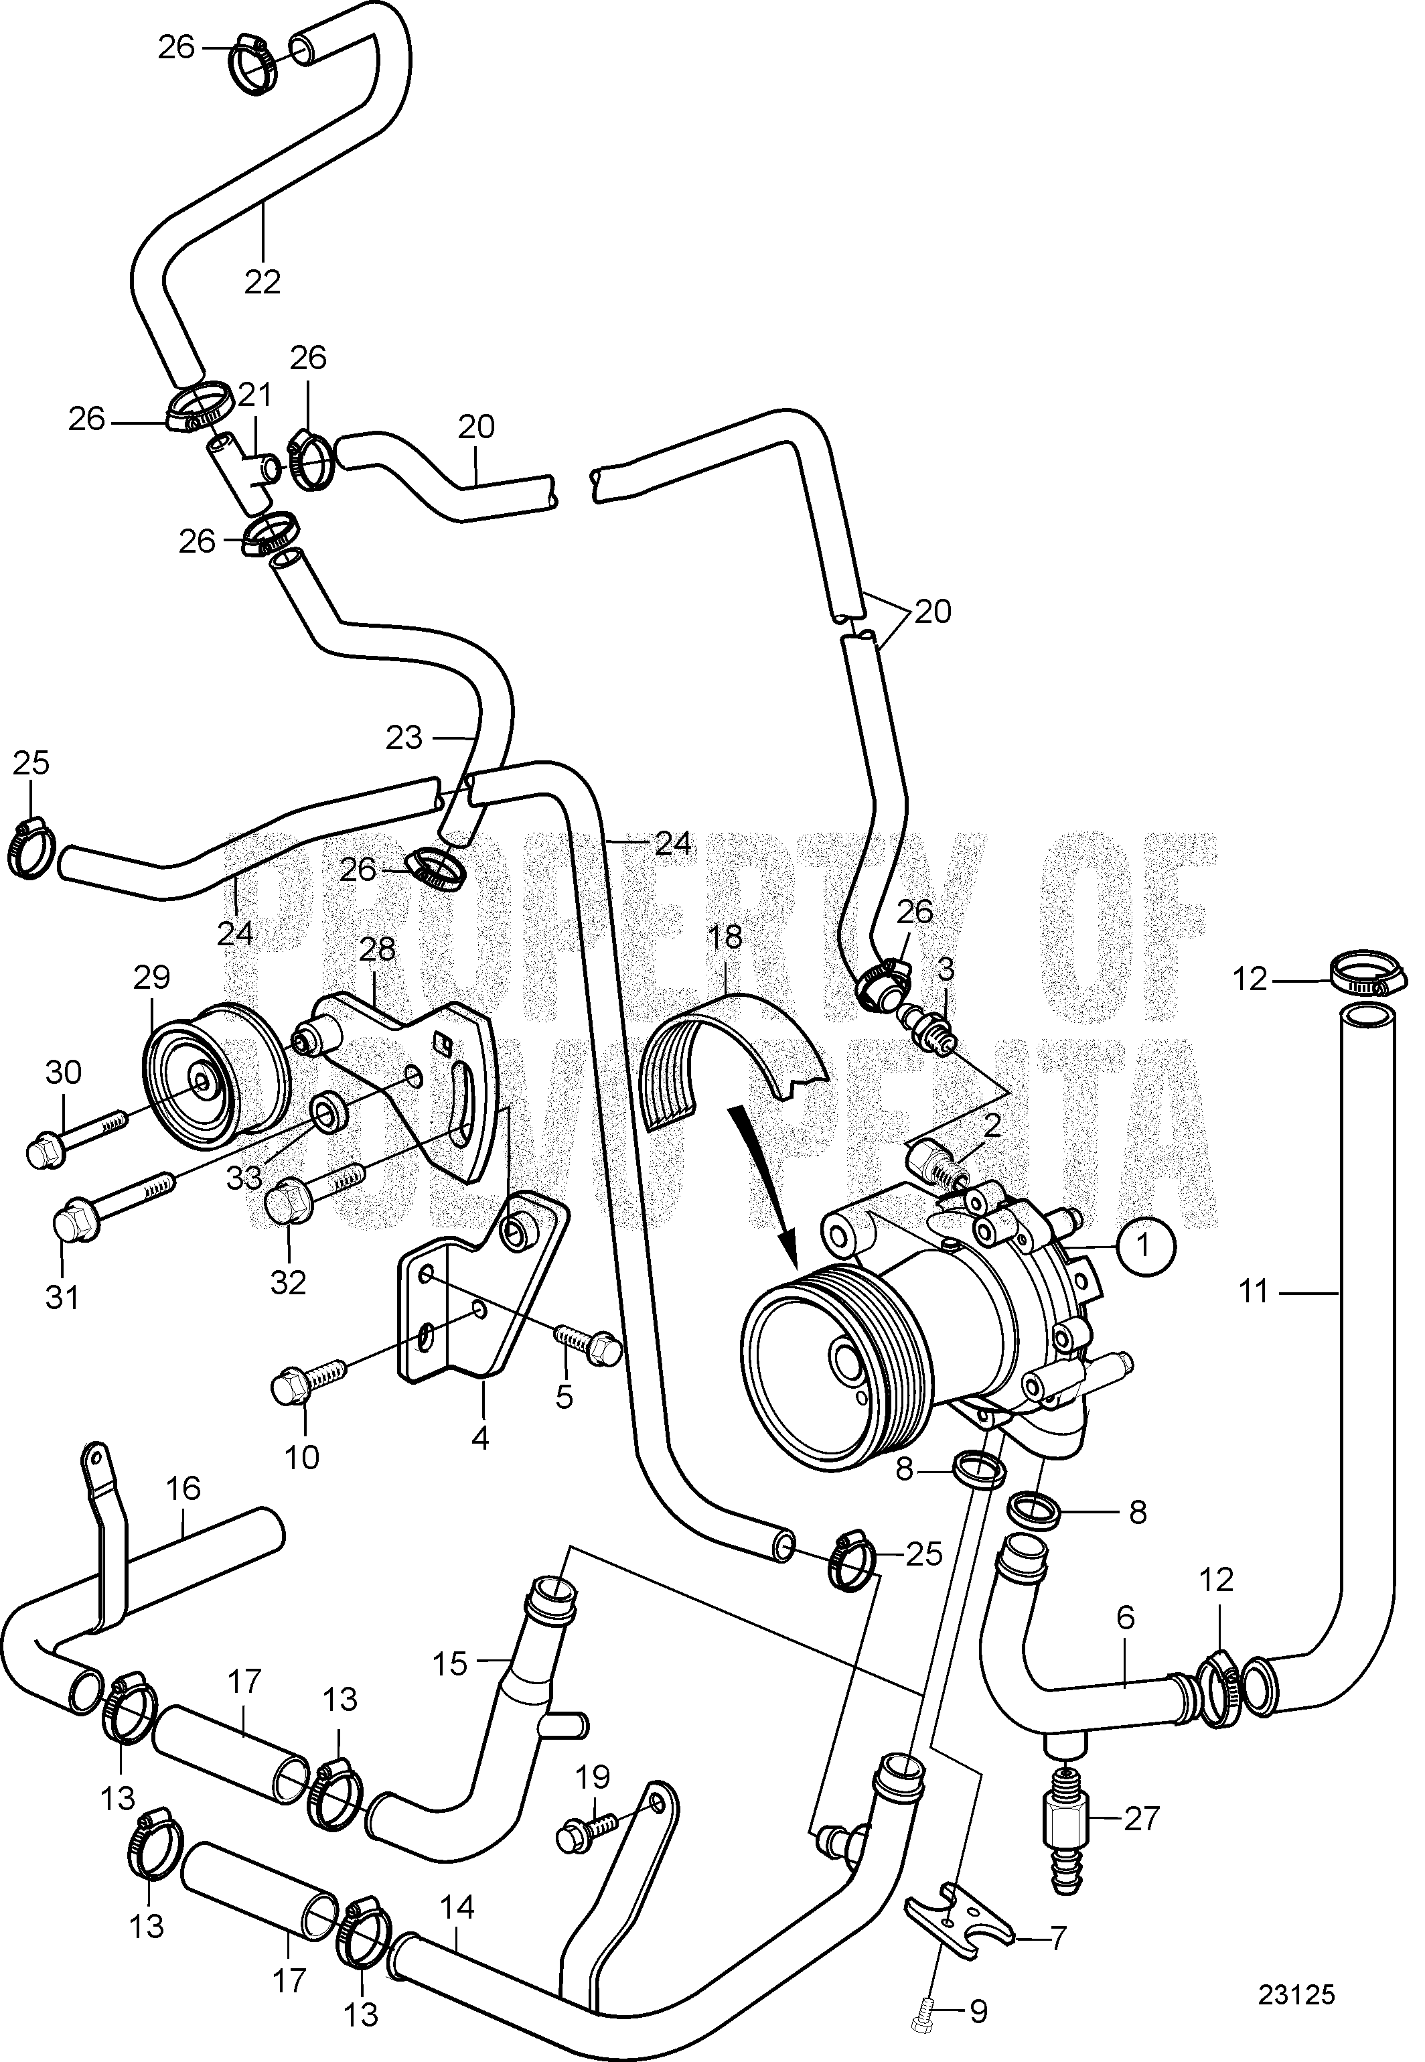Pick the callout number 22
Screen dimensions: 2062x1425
(262, 281)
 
